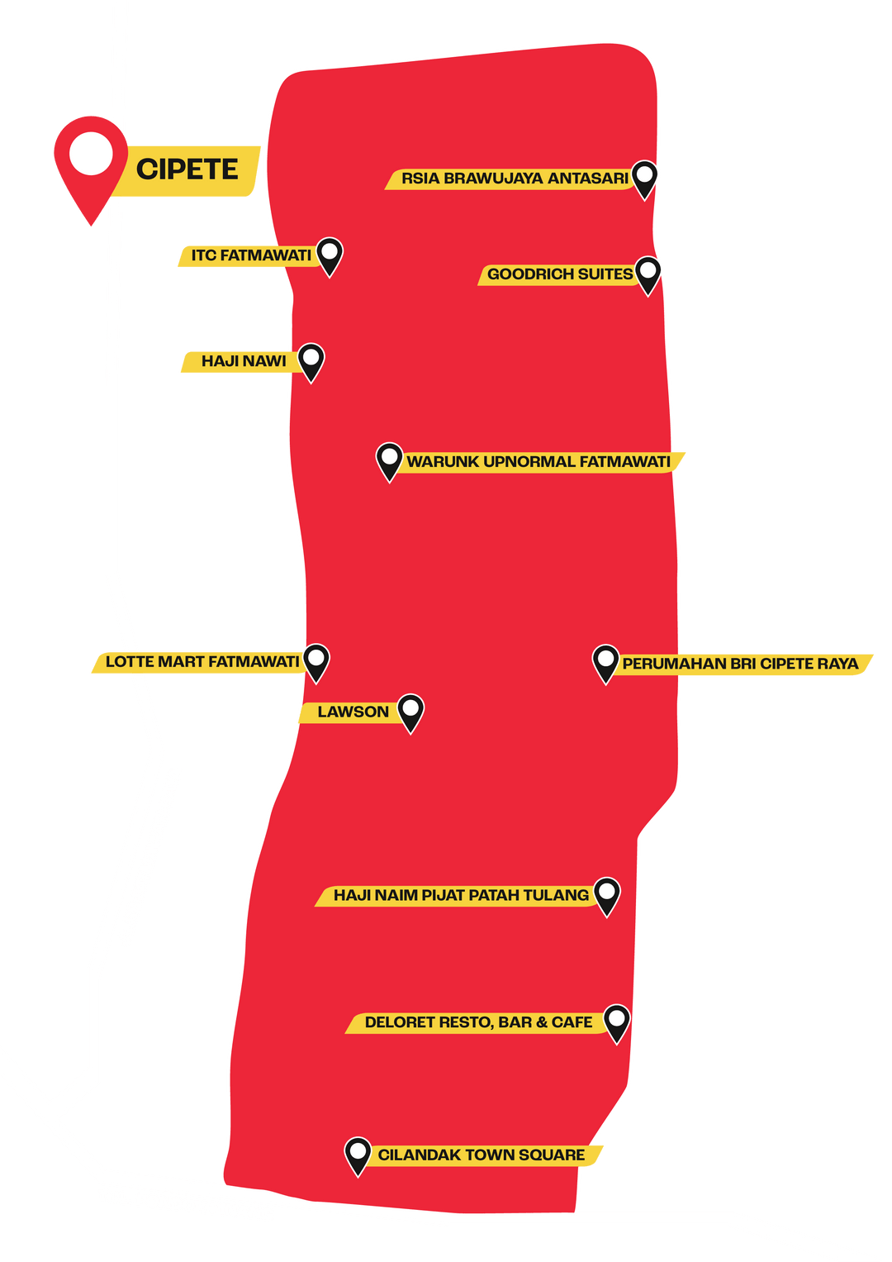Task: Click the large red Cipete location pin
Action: (91, 164)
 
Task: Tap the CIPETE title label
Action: (187, 169)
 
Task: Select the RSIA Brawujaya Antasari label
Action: (515, 179)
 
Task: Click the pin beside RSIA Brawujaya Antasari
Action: (644, 179)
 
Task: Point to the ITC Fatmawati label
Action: (251, 255)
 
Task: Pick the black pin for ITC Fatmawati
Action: (330, 256)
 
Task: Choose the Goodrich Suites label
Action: (560, 274)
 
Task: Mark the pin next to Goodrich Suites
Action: (648, 275)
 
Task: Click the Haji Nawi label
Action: (244, 361)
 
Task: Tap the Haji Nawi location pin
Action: (311, 362)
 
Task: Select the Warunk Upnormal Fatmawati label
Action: (539, 462)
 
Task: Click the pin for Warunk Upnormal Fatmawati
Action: (389, 462)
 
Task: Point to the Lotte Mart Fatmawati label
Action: (202, 661)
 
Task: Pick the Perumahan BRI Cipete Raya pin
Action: (605, 664)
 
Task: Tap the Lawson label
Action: (353, 712)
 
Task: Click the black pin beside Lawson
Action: (410, 713)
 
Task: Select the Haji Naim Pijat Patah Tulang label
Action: (461, 895)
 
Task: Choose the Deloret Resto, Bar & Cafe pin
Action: (617, 1024)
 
